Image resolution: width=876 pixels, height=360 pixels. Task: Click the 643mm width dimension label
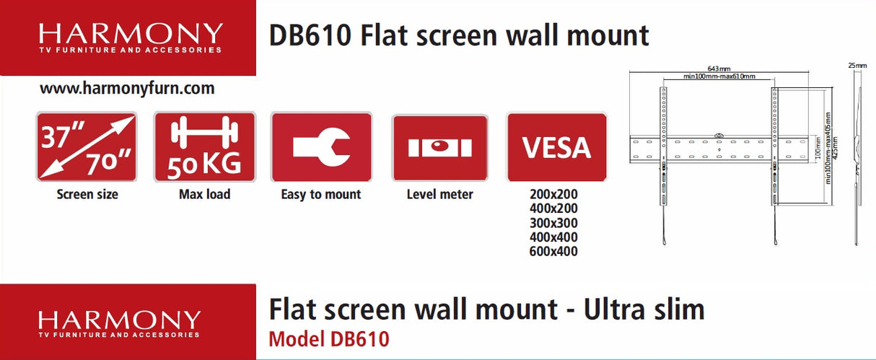[x=719, y=69]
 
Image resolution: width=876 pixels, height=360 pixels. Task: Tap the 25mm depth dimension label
[x=857, y=66]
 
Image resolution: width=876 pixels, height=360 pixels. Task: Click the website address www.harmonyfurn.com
[x=127, y=89]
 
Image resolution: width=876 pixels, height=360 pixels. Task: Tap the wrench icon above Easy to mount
[x=321, y=147]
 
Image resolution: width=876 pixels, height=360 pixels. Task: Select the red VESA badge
[x=556, y=147]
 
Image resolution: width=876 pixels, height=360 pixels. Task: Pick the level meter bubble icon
[x=439, y=147]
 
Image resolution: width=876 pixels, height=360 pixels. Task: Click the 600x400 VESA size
[x=553, y=251]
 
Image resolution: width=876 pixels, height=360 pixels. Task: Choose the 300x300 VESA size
[x=553, y=222]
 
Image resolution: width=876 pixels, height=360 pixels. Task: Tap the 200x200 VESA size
[x=553, y=194]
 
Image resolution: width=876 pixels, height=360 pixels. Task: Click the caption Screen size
[x=87, y=194]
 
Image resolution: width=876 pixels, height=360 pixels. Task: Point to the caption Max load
[x=204, y=194]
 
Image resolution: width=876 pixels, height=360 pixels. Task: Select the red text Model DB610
[x=328, y=338]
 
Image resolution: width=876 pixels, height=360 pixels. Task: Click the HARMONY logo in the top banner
[x=131, y=38]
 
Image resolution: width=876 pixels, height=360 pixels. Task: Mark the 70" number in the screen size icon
[x=110, y=163]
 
